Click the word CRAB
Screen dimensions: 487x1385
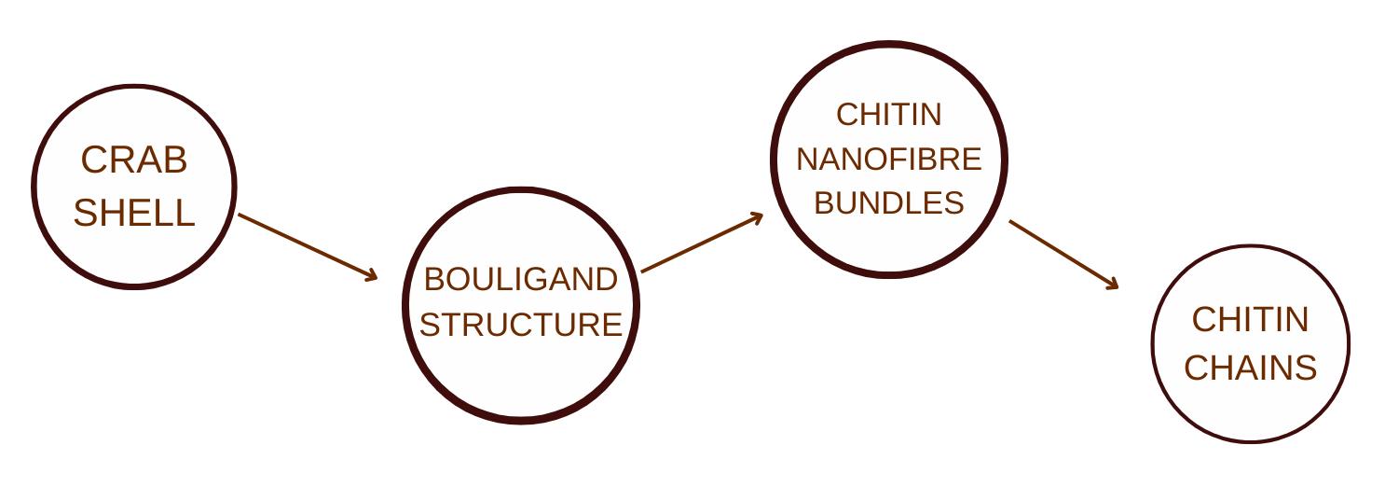pos(134,160)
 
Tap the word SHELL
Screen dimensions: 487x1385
pos(134,214)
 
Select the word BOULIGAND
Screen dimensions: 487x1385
pos(520,279)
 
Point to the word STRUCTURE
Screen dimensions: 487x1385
pos(520,325)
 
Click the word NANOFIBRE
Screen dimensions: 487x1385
pos(888,160)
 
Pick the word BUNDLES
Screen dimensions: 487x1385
pos(888,203)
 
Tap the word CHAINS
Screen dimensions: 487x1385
pos(1250,368)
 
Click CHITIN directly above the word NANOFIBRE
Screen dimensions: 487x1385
pos(888,115)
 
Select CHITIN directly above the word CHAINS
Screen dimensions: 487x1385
pos(1250,320)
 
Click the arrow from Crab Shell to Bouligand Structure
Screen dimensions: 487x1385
pos(308,246)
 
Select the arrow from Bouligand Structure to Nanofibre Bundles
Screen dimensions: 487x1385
pos(702,243)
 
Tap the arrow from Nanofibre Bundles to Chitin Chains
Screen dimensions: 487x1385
pos(1063,255)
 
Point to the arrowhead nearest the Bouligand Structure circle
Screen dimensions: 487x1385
pos(373,276)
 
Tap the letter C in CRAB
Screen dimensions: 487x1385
pos(91,160)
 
